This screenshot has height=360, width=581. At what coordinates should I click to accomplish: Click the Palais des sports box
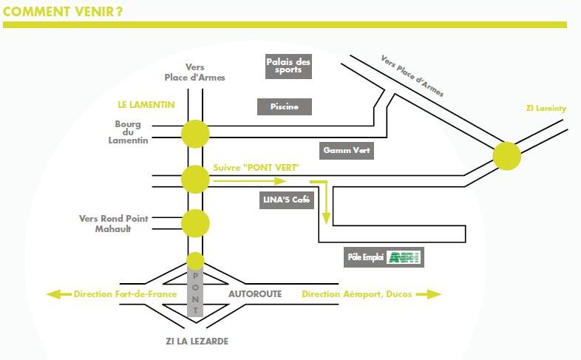pyautogui.click(x=288, y=67)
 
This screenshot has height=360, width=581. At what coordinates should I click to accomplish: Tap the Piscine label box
pyautogui.click(x=284, y=106)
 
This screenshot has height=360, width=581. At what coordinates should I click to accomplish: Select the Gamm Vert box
pyautogui.click(x=347, y=150)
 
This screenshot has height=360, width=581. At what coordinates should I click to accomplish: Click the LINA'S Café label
pyautogui.click(x=286, y=200)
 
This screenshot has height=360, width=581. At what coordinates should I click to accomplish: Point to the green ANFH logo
pyautogui.click(x=404, y=257)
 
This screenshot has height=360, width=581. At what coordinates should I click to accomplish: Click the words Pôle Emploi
pyautogui.click(x=365, y=257)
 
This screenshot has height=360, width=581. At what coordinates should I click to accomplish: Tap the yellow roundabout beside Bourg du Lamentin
pyautogui.click(x=195, y=134)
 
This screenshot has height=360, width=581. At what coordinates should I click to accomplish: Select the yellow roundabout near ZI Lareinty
pyautogui.click(x=507, y=156)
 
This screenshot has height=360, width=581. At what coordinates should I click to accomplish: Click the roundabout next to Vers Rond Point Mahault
pyautogui.click(x=195, y=223)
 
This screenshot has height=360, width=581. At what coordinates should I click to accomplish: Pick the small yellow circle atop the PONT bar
pyautogui.click(x=195, y=261)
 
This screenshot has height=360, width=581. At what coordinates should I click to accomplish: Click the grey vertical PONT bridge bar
pyautogui.click(x=195, y=293)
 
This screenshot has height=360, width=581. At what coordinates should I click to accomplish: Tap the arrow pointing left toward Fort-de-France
pyautogui.click(x=59, y=294)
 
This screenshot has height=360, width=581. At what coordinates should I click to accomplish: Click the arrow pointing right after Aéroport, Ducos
pyautogui.click(x=429, y=294)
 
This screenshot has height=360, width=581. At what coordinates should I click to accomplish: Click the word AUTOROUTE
pyautogui.click(x=255, y=294)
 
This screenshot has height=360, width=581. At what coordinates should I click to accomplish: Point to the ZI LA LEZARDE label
pyautogui.click(x=197, y=341)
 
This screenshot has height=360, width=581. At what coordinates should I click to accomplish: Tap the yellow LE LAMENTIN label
pyautogui.click(x=146, y=105)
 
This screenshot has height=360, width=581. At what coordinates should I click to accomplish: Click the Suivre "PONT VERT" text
pyautogui.click(x=256, y=168)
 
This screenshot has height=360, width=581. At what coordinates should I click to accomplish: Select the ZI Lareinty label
pyautogui.click(x=546, y=109)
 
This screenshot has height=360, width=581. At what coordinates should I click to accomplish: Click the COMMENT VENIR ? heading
pyautogui.click(x=63, y=12)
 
